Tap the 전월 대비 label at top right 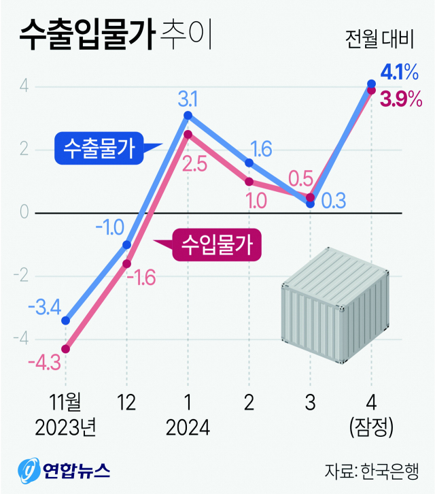click(x=379, y=39)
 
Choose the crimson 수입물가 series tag click(x=217, y=244)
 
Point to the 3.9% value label click(x=402, y=100)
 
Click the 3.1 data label click(x=188, y=100)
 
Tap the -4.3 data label click(x=45, y=361)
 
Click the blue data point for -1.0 click(x=126, y=244)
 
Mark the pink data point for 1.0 click(x=249, y=182)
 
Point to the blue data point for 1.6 click(x=249, y=163)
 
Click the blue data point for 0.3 click(x=310, y=203)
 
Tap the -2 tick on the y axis click(x=22, y=276)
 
